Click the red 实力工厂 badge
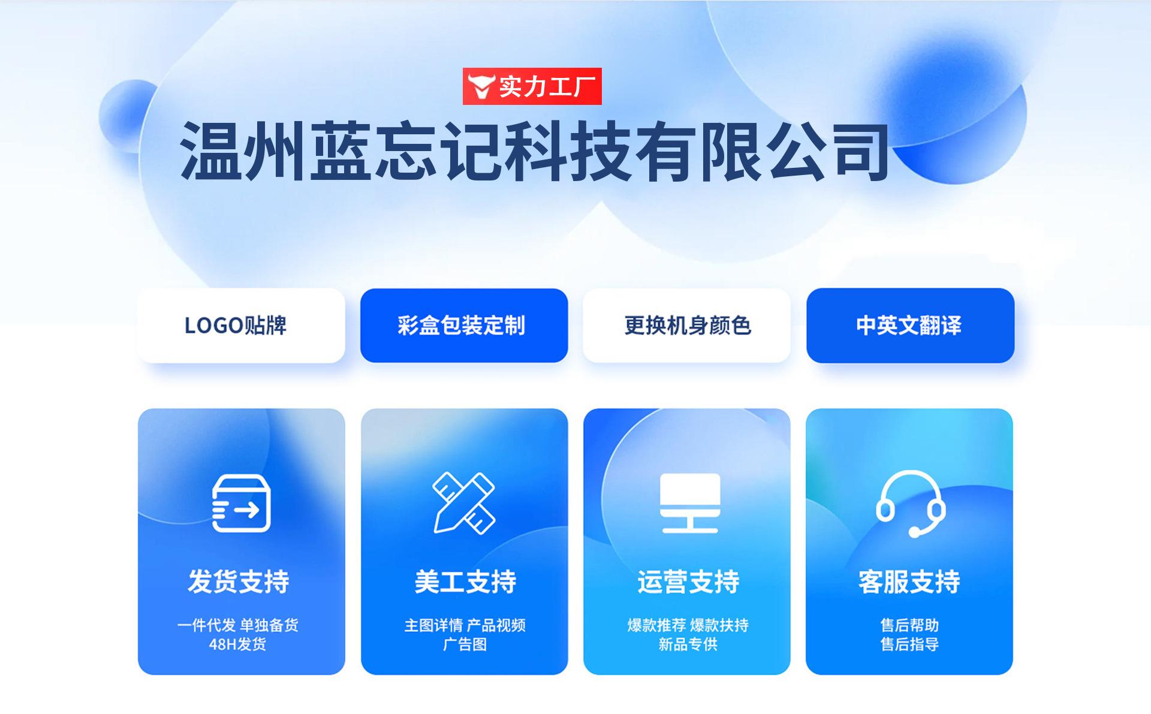pos(532,86)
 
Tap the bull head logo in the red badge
pos(481,87)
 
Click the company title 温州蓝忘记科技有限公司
pos(535,151)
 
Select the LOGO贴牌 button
pos(241,326)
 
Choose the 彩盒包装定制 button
pos(464,326)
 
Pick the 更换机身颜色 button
pos(686,326)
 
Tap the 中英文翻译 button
pos(910,326)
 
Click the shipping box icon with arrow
pos(241,503)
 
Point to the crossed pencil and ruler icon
pos(464,503)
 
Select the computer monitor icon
pos(690,503)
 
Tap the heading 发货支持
pos(239,582)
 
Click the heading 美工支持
pos(465,582)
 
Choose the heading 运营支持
pos(688,582)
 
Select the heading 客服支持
pos(909,582)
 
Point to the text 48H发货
pos(237,644)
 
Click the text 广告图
pos(465,644)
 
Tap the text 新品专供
pos(688,644)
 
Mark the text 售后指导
pos(909,644)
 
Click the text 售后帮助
pos(909,625)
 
